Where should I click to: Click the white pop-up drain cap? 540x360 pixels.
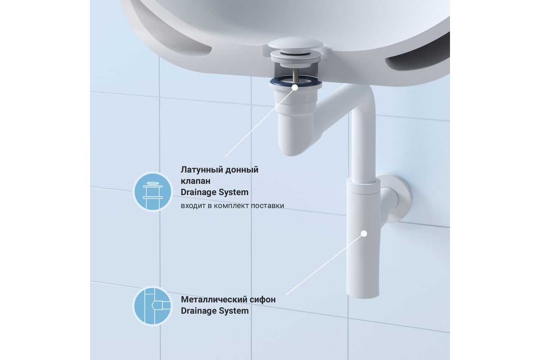pos(295,45)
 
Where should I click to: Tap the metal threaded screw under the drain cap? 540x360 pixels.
pos(296,76)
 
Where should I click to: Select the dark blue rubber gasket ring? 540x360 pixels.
pos(296,82)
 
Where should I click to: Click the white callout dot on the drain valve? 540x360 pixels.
pos(295,87)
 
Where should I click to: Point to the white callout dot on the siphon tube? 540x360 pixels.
pos(364,234)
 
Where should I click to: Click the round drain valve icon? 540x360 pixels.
pos(153,192)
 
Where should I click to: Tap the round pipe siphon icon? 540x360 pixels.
pos(153,306)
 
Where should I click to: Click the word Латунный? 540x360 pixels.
pos(202,170)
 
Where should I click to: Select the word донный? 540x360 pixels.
pos(242,170)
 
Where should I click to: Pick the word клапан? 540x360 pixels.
pos(195,181)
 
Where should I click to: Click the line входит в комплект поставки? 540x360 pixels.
pos(232,206)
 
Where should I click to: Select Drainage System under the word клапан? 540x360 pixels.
pos(215,193)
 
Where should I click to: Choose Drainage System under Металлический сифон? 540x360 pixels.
pos(215,311)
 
